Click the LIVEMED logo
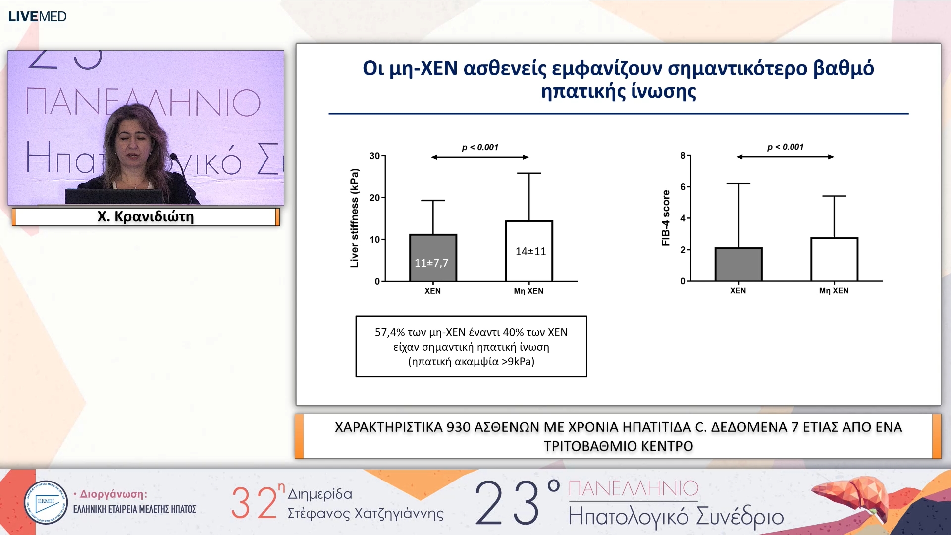(37, 16)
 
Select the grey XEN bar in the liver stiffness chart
(433, 258)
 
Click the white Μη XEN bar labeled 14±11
(529, 251)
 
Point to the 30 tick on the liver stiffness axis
(375, 156)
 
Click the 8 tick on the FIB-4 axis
(683, 156)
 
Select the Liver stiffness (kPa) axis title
(354, 218)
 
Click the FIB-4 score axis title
(666, 218)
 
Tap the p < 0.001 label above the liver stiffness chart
(480, 147)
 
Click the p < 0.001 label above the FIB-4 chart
(785, 147)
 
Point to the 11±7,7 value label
(431, 263)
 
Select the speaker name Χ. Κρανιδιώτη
(146, 216)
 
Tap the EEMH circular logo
(46, 502)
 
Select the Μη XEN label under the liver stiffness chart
(528, 291)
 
